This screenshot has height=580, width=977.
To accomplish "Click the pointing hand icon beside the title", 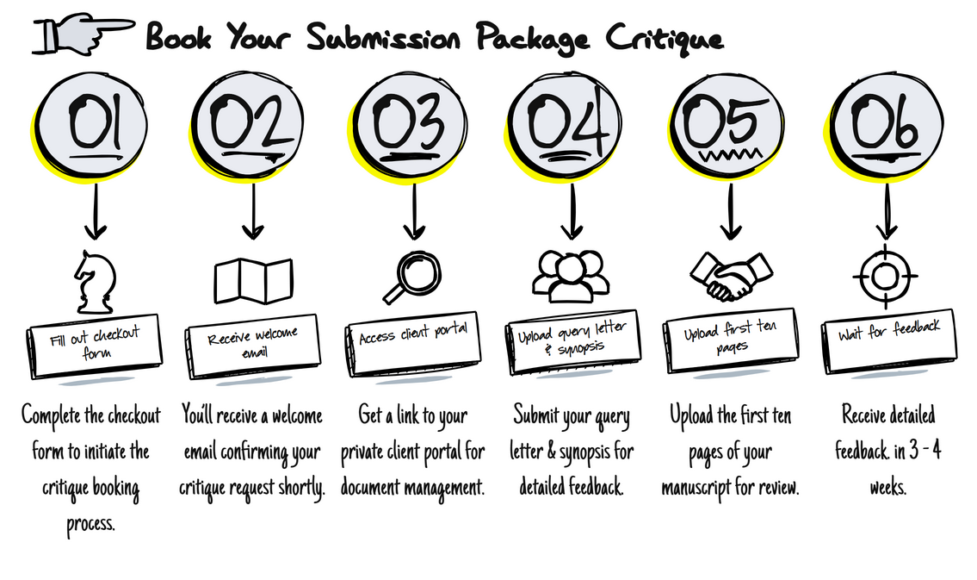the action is point(83,34).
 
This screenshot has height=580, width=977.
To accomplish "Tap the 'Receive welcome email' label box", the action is point(253,346).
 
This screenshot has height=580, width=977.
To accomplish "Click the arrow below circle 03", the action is point(414,211).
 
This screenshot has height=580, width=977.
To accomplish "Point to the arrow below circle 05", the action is point(731,211).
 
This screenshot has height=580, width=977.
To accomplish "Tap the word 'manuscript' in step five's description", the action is point(700,488).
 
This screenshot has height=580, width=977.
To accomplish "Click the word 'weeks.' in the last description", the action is point(887,487).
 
